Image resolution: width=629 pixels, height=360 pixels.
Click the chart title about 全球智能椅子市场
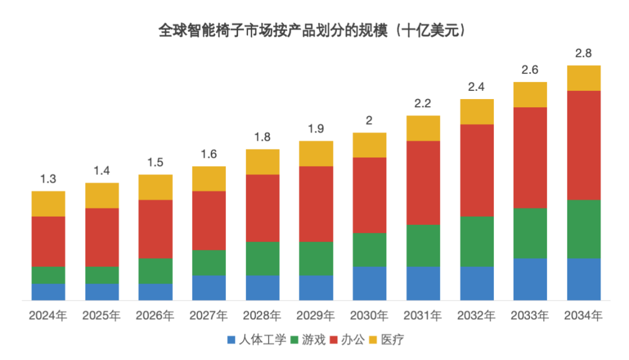point(314,31)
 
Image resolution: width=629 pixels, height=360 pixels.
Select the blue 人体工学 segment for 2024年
point(48,292)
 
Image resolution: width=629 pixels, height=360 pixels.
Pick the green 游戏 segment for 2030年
point(370,249)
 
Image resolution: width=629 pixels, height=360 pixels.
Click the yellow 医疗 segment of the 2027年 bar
point(209,178)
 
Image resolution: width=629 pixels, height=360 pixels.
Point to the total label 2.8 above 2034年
point(584,54)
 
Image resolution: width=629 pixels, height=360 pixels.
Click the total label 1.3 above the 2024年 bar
point(48,179)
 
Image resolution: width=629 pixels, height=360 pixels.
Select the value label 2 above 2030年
point(370,121)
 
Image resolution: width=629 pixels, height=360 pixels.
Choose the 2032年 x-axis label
point(477,316)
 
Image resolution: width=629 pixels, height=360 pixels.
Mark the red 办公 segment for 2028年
point(263,208)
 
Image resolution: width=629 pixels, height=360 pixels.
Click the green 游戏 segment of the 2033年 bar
point(530,233)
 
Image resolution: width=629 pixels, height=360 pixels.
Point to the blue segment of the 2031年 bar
point(423,283)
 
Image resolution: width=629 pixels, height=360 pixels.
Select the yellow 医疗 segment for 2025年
point(102,195)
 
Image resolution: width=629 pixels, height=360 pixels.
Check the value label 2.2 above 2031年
point(423,104)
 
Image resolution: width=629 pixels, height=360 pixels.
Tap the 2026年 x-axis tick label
point(156,316)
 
